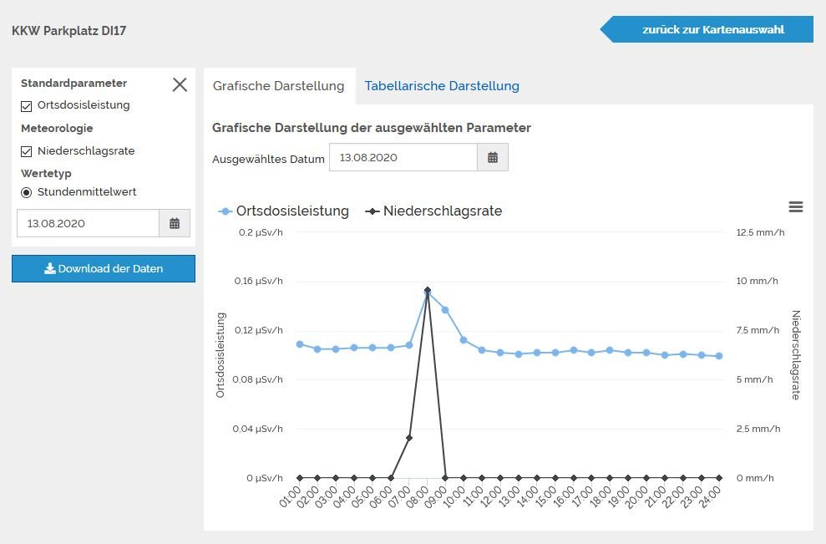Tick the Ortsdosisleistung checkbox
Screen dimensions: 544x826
point(27,106)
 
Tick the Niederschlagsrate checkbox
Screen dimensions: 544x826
point(27,151)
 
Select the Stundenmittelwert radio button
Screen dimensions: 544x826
point(27,192)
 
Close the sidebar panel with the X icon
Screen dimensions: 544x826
point(180,84)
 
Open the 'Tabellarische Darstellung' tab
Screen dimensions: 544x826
point(442,86)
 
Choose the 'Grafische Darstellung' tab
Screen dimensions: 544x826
point(278,86)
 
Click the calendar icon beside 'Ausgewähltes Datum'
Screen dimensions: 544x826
point(492,157)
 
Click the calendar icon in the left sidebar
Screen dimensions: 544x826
point(175,223)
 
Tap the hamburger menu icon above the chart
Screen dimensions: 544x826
point(795,207)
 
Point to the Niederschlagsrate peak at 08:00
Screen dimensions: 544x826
point(428,290)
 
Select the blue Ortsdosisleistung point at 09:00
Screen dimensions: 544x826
point(445,310)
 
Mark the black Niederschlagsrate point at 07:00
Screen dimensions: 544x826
point(409,437)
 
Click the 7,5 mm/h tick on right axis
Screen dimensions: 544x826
point(758,330)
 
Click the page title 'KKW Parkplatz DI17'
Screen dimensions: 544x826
point(68,31)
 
